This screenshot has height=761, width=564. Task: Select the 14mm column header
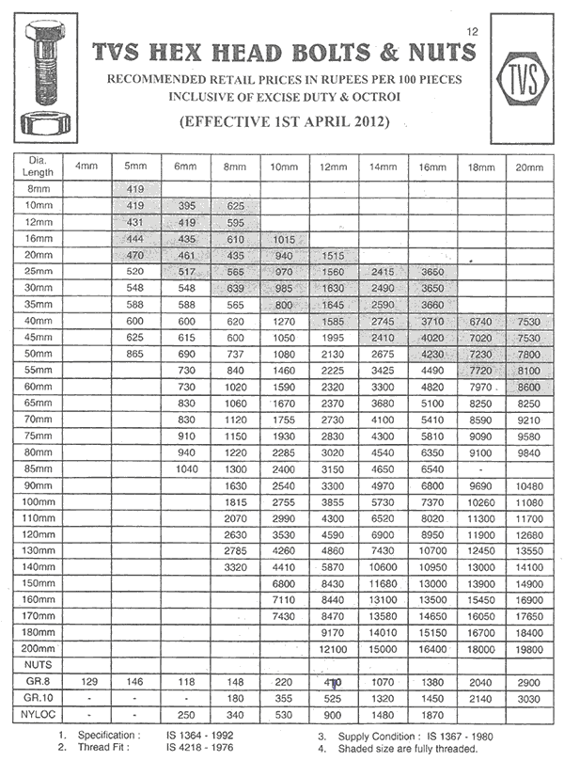click(x=384, y=166)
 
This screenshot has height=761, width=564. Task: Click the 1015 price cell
click(x=284, y=239)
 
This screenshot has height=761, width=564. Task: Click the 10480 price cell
click(x=528, y=485)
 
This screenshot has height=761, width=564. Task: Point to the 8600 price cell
click(x=528, y=386)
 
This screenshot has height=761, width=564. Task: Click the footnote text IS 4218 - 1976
click(x=200, y=749)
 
